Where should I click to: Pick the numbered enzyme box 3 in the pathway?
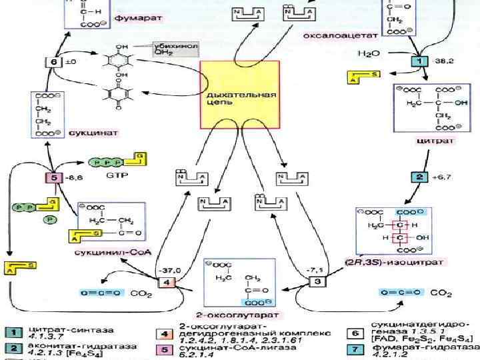coord(317,281)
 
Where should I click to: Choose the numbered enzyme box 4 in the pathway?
coord(166,282)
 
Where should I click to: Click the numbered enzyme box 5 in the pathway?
coord(52,178)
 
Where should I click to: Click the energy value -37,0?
coord(172,269)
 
